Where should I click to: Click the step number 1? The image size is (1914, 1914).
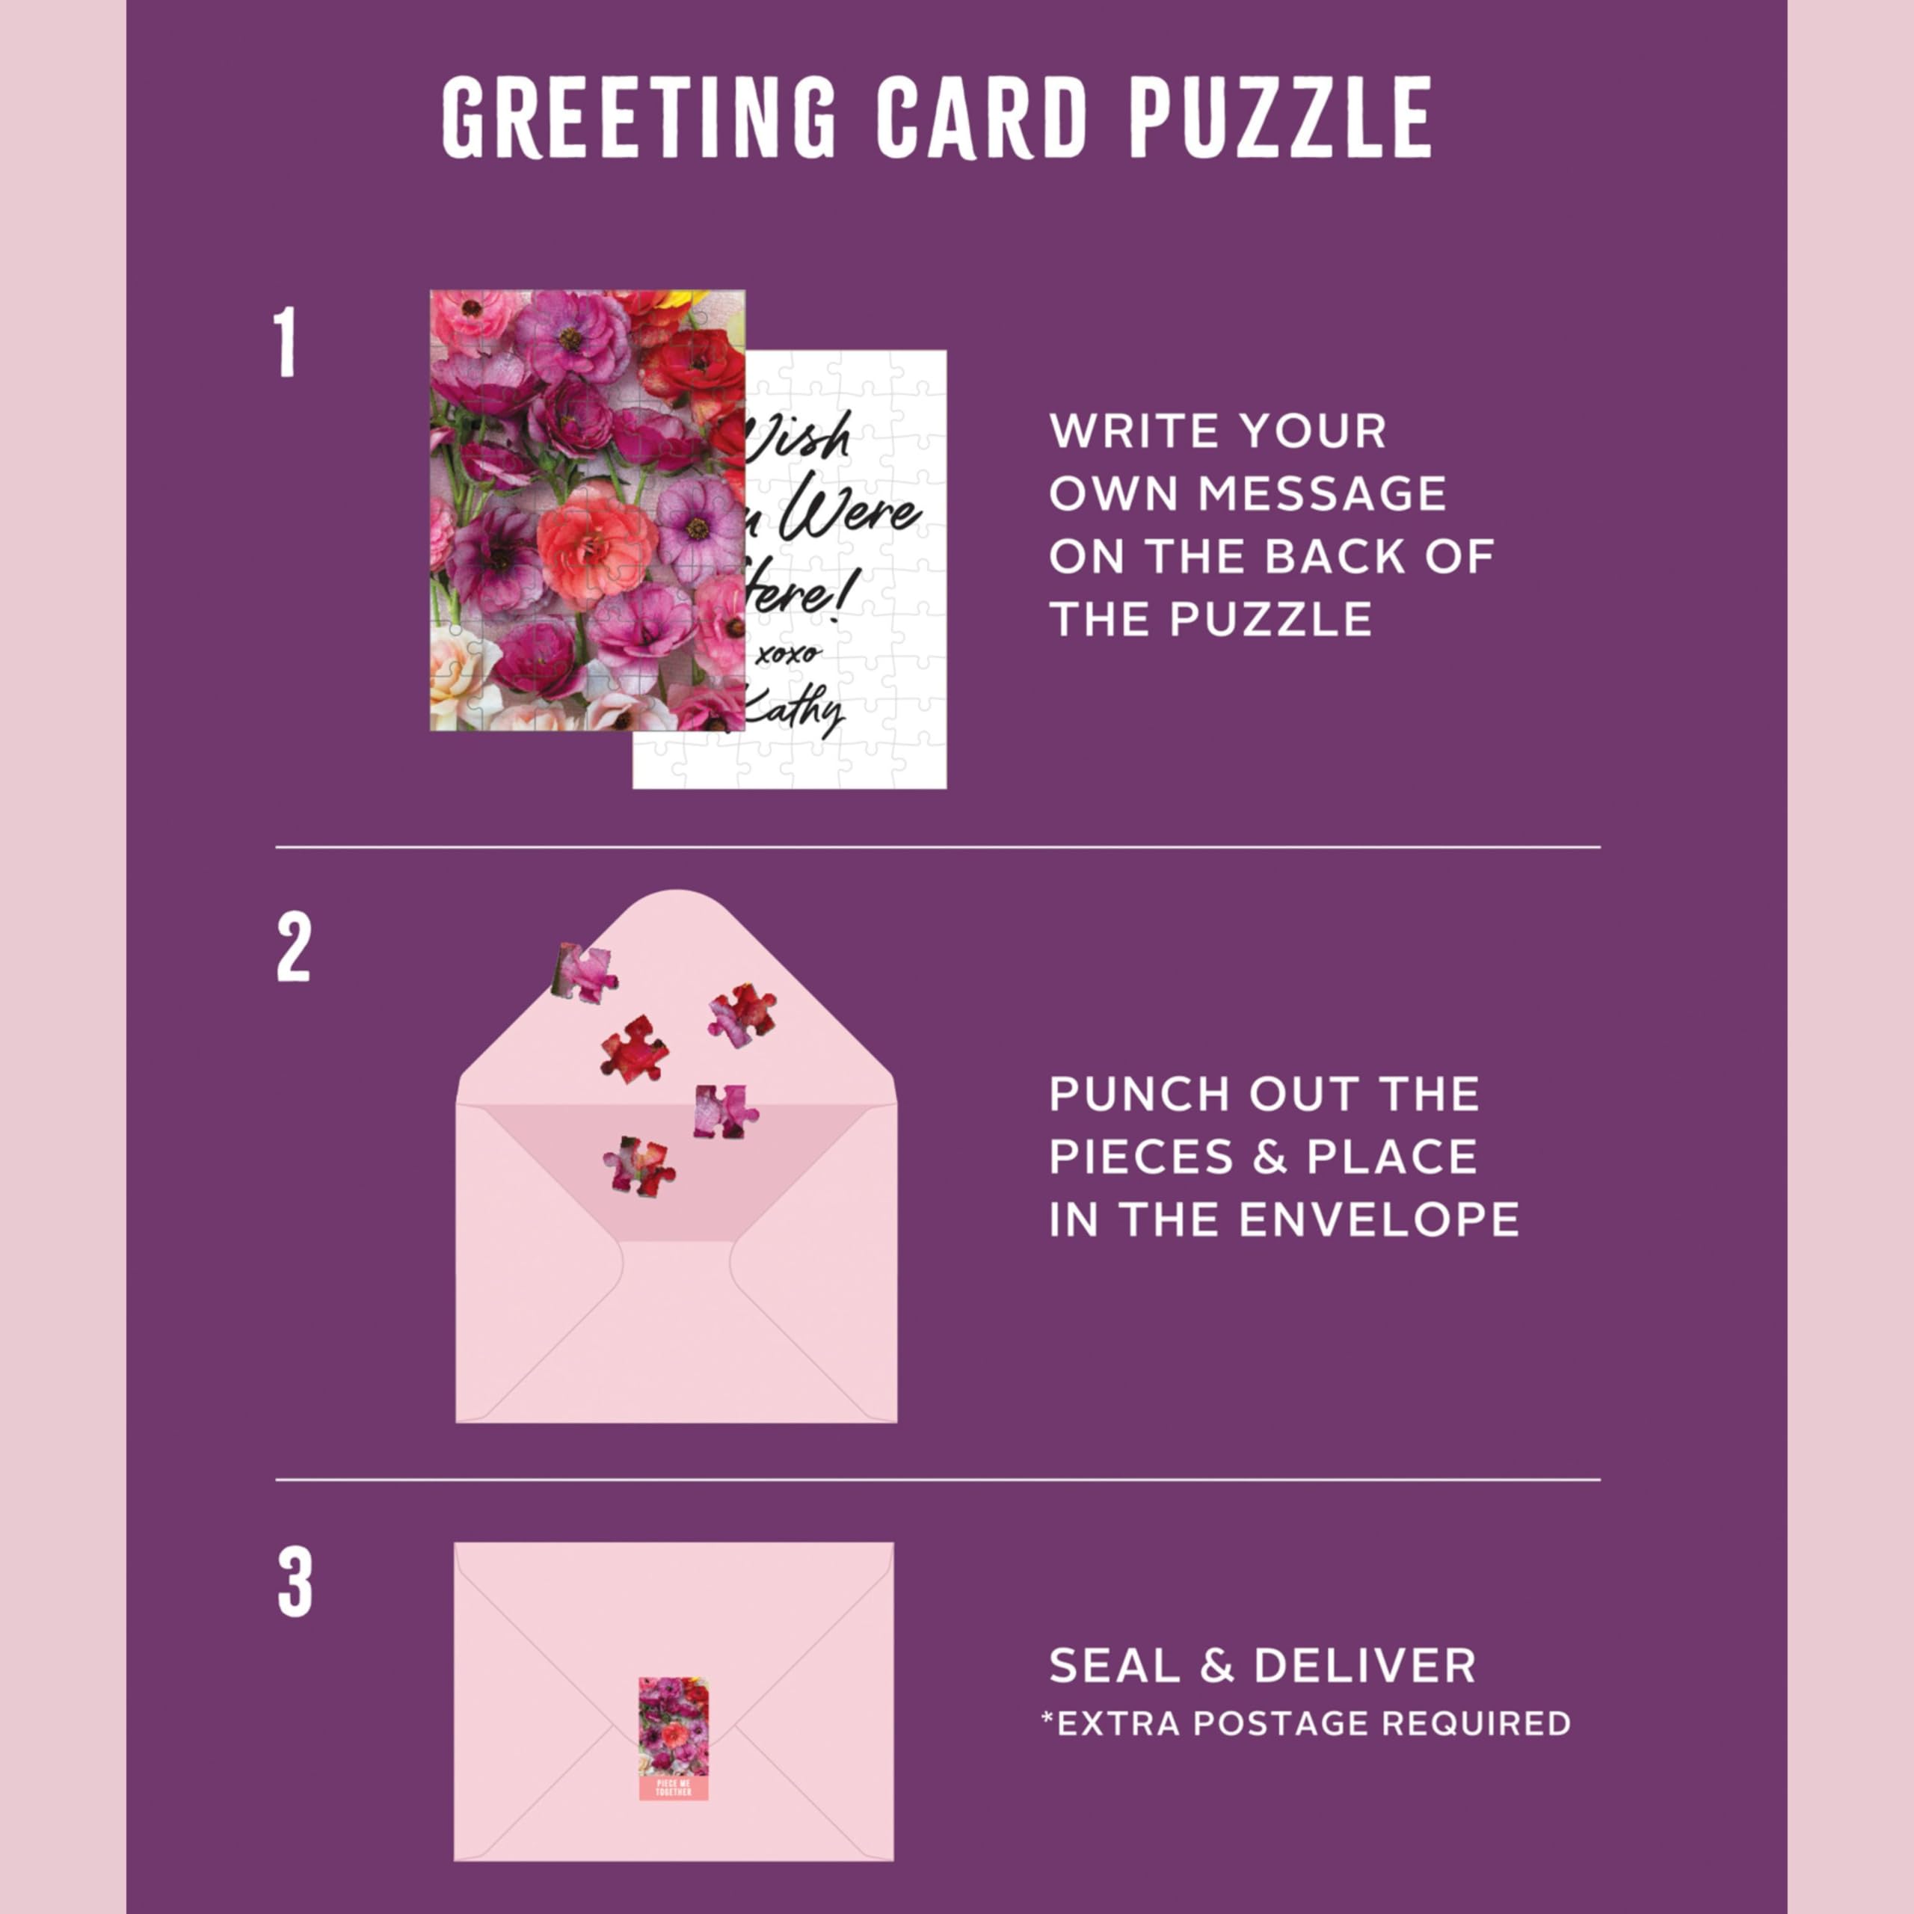click(286, 342)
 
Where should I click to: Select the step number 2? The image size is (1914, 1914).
click(293, 948)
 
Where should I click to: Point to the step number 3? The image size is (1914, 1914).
click(295, 1583)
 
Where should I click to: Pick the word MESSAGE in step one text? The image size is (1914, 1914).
click(1323, 494)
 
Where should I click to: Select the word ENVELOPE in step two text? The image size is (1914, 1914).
click(1379, 1219)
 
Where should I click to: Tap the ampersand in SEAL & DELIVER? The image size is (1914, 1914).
click(1216, 1667)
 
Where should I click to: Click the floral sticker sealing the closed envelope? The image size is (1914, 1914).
click(674, 1729)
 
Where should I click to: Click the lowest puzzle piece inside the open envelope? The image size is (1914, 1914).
click(640, 1166)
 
